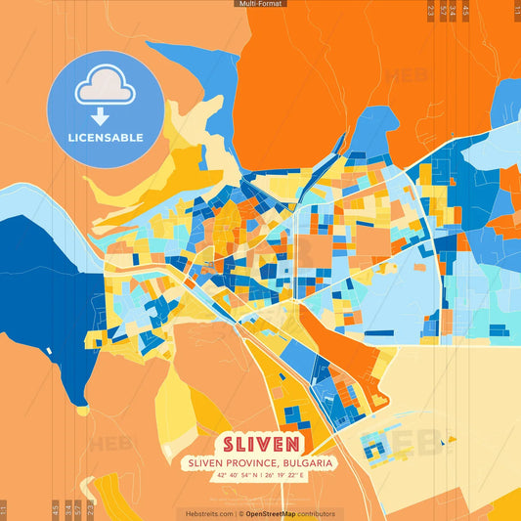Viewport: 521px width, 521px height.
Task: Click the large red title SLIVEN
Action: coord(260,441)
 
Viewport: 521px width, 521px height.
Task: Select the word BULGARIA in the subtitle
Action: coord(306,462)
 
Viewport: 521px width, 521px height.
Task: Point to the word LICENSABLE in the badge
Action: coord(105,138)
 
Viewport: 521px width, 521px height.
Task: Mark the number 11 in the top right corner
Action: coord(515,10)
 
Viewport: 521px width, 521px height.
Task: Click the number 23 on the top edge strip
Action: coord(431,10)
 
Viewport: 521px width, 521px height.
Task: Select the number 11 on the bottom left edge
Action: coord(5,510)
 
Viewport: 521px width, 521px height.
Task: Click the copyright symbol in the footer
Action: coord(240,513)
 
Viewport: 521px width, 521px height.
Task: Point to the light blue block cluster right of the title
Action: coord(375,448)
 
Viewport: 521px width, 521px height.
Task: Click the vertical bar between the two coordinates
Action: coord(261,475)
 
